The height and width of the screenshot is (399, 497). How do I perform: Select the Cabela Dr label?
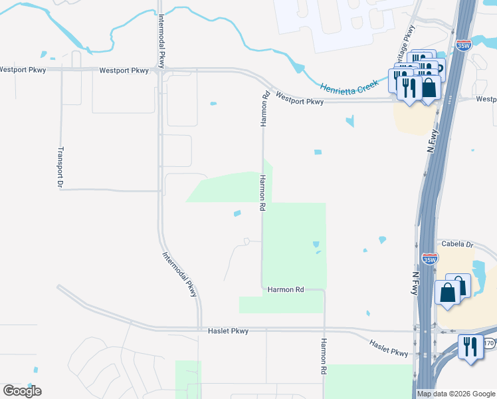(454, 244)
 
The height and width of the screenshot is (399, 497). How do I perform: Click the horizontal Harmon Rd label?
(286, 290)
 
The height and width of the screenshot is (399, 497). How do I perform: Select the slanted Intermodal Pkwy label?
(179, 273)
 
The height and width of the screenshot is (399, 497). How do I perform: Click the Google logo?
(22, 391)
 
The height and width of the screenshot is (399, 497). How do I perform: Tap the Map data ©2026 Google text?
(456, 394)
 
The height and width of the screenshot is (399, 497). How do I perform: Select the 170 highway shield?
(489, 343)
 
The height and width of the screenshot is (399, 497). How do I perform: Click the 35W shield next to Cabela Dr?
(429, 257)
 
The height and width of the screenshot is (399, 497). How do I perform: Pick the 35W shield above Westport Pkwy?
(464, 45)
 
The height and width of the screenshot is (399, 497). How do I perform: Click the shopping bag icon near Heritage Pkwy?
(429, 87)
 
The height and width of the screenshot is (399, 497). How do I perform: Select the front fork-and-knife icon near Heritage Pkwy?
(409, 86)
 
